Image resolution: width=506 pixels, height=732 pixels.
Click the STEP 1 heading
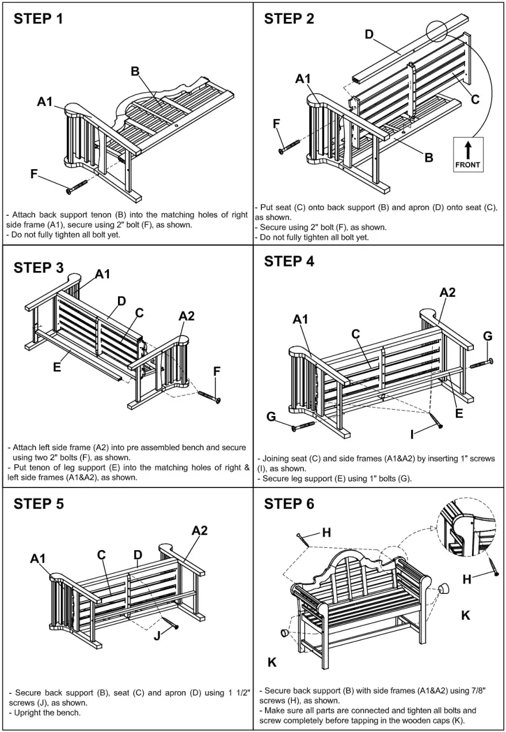click(39, 18)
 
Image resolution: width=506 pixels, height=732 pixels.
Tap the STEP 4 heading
click(289, 261)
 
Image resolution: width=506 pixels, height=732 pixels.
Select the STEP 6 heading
click(289, 504)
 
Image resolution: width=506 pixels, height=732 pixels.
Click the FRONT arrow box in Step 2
click(468, 154)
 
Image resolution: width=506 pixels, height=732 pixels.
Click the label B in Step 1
click(135, 71)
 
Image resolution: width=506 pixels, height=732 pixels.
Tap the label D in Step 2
click(370, 35)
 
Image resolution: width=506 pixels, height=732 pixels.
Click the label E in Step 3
click(57, 367)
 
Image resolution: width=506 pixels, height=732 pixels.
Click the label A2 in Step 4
click(448, 293)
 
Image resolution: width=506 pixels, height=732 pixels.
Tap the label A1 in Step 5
click(38, 559)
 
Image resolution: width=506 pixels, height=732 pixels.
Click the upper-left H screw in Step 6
click(305, 539)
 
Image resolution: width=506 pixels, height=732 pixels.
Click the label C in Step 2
click(475, 100)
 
